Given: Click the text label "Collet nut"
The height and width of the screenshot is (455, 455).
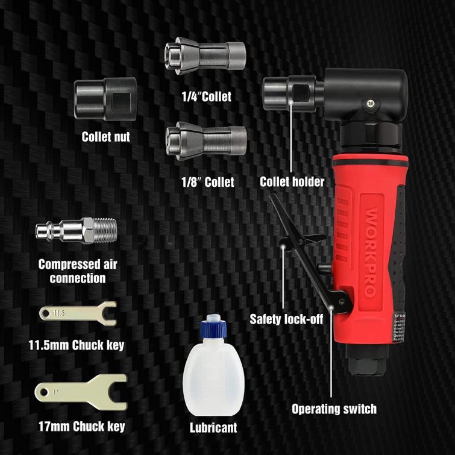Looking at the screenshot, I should pyautogui.click(x=106, y=137).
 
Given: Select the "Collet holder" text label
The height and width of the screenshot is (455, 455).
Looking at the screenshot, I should pyautogui.click(x=292, y=181).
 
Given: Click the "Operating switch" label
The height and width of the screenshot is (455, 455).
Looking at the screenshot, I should pyautogui.click(x=334, y=409).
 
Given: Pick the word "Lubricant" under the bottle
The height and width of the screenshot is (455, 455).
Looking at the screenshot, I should pyautogui.click(x=213, y=428).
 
